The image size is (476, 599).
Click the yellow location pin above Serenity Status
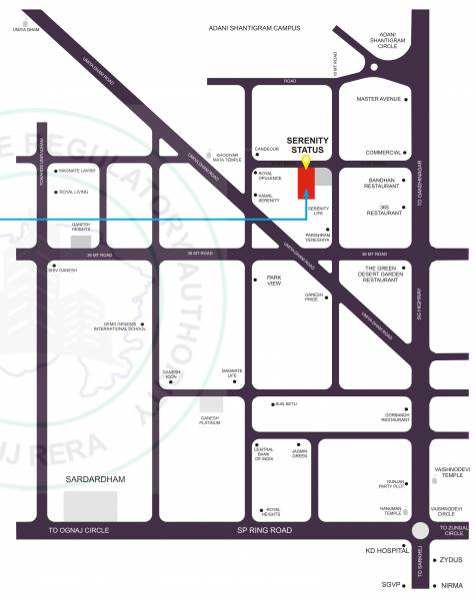[307, 162]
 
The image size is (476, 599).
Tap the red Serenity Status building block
[307, 183]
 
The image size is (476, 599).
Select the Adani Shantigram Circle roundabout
[372, 67]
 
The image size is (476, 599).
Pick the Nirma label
[451, 585]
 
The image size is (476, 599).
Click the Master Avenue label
[378, 99]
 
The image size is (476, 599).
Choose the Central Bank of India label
[264, 456]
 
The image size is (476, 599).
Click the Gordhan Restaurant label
[395, 417]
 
